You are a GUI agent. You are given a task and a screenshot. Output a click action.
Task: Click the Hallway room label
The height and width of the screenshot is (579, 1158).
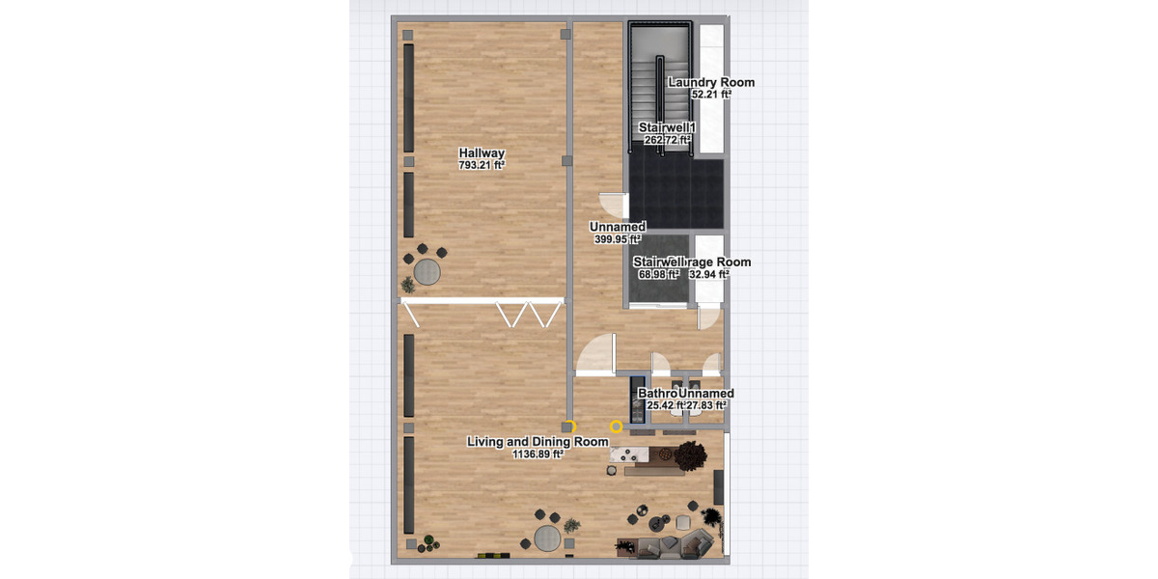(x=482, y=153)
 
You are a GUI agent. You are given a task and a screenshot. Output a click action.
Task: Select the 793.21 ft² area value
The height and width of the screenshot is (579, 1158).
(x=482, y=165)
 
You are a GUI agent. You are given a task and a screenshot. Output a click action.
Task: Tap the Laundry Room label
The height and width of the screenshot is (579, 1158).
(x=711, y=83)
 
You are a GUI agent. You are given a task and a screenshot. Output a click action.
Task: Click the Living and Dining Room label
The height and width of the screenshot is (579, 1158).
(x=538, y=442)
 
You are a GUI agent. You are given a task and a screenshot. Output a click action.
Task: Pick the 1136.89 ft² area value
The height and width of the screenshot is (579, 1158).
(x=538, y=455)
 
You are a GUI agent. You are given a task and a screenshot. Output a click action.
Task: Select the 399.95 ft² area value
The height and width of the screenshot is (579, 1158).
(x=618, y=239)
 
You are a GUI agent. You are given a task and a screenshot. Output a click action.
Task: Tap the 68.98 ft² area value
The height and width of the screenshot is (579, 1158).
(x=659, y=274)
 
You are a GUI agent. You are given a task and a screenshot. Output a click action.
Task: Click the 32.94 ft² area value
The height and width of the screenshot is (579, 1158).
(x=708, y=274)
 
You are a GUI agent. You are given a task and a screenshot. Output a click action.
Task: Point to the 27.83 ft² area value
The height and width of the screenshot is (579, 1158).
(x=705, y=405)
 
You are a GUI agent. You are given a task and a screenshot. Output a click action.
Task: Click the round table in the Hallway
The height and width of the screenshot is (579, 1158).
(x=427, y=273)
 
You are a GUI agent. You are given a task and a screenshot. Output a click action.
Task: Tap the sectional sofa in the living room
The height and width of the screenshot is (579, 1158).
(x=666, y=547)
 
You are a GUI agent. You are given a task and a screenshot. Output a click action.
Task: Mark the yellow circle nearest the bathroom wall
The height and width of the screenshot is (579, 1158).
(x=617, y=426)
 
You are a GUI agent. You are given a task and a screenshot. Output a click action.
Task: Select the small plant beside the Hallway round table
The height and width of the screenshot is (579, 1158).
(x=409, y=285)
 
